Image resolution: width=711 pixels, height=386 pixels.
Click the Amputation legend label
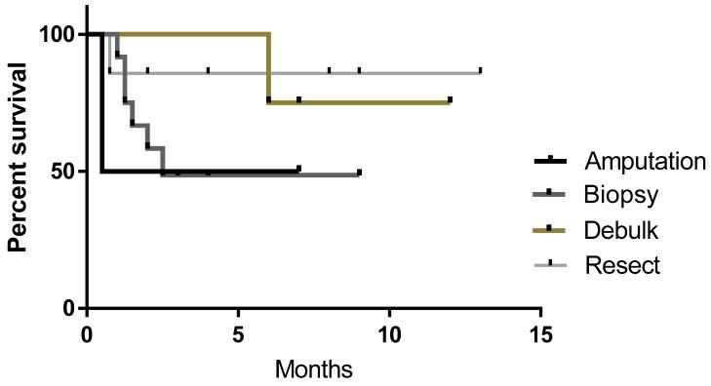tap(644, 161)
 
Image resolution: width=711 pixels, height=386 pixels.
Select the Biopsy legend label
tap(621, 195)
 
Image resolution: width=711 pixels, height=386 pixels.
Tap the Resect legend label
tap(622, 263)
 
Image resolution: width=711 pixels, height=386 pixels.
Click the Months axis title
tap(313, 370)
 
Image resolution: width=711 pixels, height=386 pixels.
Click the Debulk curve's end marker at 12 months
tap(450, 99)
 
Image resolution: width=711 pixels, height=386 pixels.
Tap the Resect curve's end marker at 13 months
tap(480, 71)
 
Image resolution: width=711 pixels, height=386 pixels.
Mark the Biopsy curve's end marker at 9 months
tap(359, 174)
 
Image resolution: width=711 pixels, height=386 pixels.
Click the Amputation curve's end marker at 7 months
tap(298, 170)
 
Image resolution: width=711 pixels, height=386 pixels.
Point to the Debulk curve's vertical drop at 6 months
tap(268, 68)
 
